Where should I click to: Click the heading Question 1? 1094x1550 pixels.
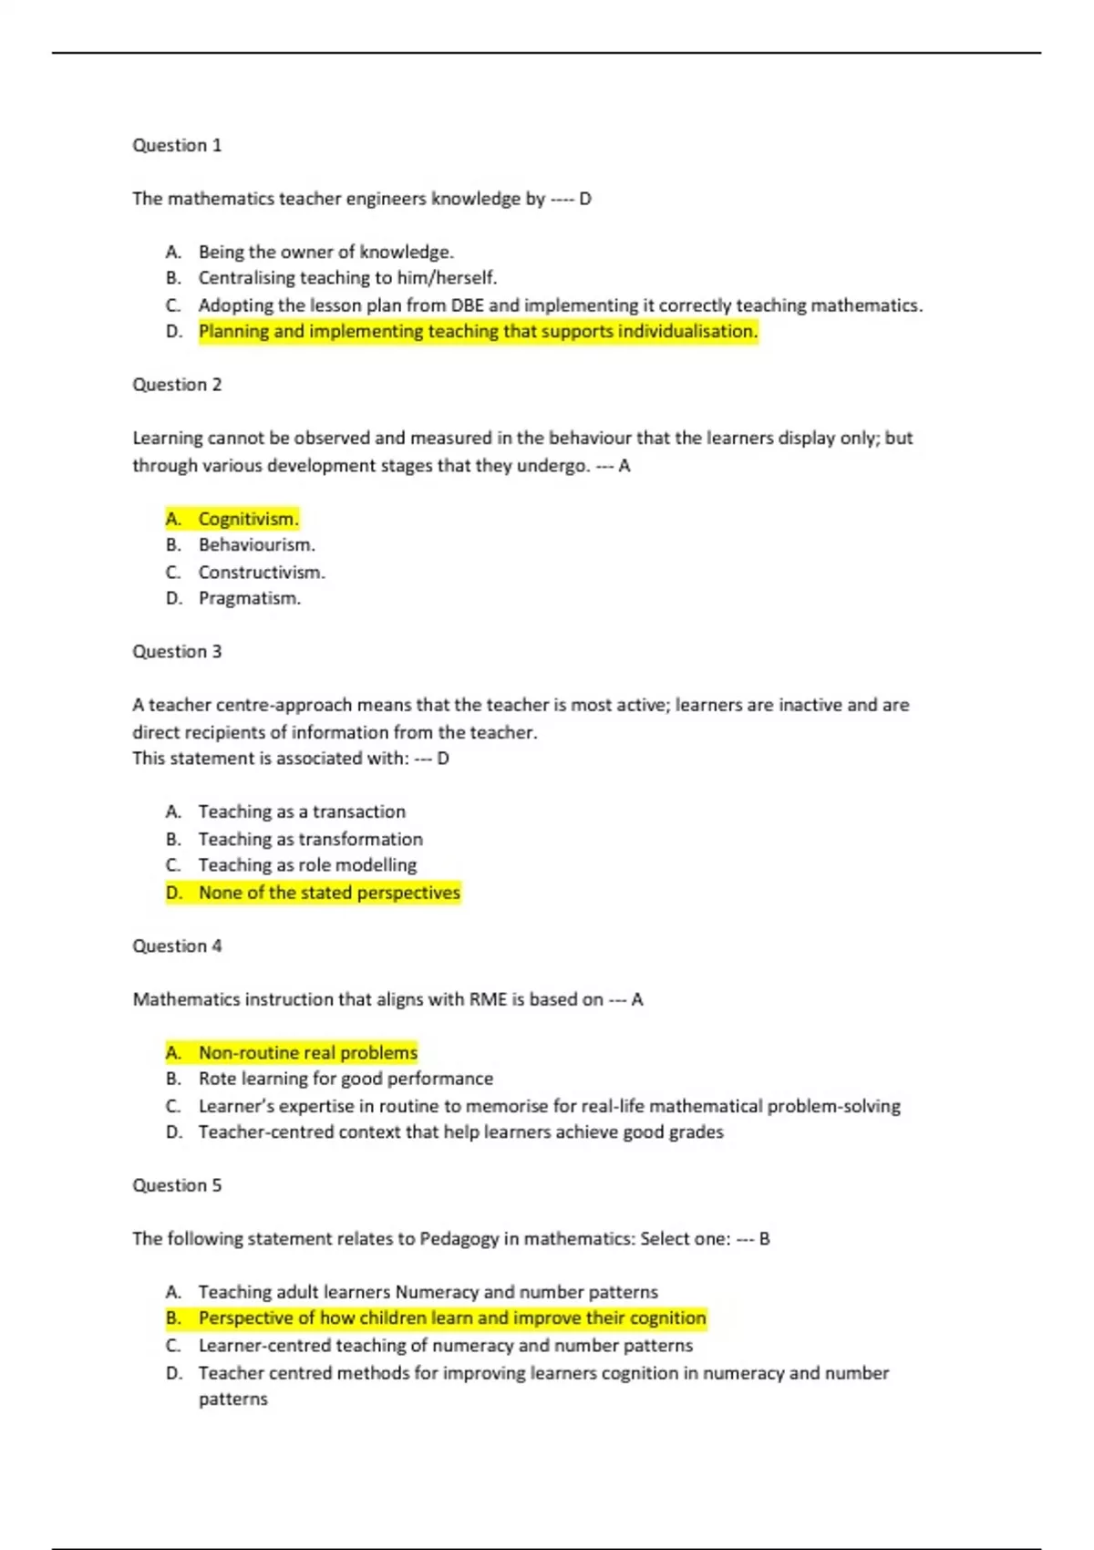point(177,146)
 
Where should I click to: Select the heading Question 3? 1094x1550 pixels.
point(177,652)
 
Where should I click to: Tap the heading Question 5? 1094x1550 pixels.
point(177,1185)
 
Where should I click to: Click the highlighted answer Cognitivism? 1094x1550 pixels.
point(248,519)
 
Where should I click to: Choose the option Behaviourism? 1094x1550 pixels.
point(256,545)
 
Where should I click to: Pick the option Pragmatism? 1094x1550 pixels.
point(249,599)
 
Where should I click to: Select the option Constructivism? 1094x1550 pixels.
point(262,573)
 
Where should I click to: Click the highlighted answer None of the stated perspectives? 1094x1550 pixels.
point(329,893)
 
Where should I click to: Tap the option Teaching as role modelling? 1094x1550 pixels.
point(307,865)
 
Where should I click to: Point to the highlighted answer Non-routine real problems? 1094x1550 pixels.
point(307,1053)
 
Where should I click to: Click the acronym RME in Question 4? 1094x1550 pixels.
point(487,1000)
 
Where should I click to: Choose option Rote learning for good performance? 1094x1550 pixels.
point(346,1080)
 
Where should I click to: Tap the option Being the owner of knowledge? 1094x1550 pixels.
point(325,253)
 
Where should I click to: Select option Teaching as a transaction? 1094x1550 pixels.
point(302,812)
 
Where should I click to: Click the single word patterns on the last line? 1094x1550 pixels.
point(233,1400)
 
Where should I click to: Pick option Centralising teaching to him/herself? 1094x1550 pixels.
point(347,278)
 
